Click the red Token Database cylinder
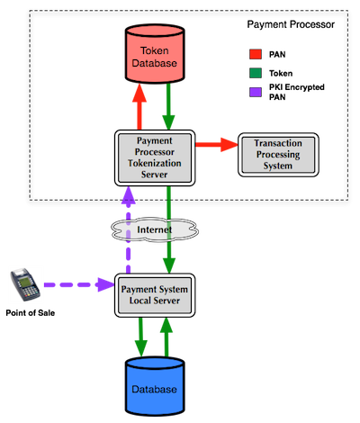click(155, 54)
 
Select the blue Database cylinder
click(155, 386)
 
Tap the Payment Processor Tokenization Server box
click(155, 157)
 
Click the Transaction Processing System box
click(278, 155)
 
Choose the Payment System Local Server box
click(155, 295)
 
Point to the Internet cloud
click(155, 230)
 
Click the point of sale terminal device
click(25, 284)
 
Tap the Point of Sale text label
click(31, 313)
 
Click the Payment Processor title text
click(291, 24)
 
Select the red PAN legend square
click(256, 54)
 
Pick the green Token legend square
click(256, 73)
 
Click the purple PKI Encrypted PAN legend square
click(256, 92)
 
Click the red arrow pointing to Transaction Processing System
click(217, 145)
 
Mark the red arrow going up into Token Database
click(139, 106)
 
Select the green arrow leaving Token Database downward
click(168, 106)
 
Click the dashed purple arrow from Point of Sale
click(79, 284)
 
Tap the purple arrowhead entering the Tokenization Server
click(129, 195)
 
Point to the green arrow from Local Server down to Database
click(140, 337)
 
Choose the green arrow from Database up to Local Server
click(166, 337)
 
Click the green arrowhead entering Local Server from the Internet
click(169, 265)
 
